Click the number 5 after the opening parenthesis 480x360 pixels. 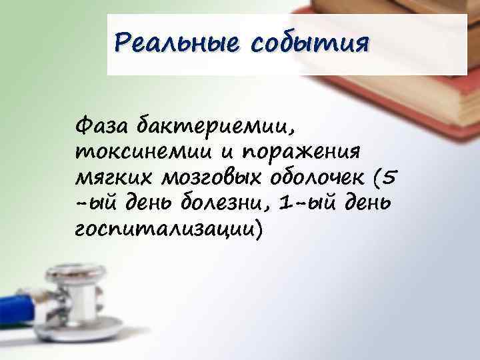pyautogui.click(x=391, y=177)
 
